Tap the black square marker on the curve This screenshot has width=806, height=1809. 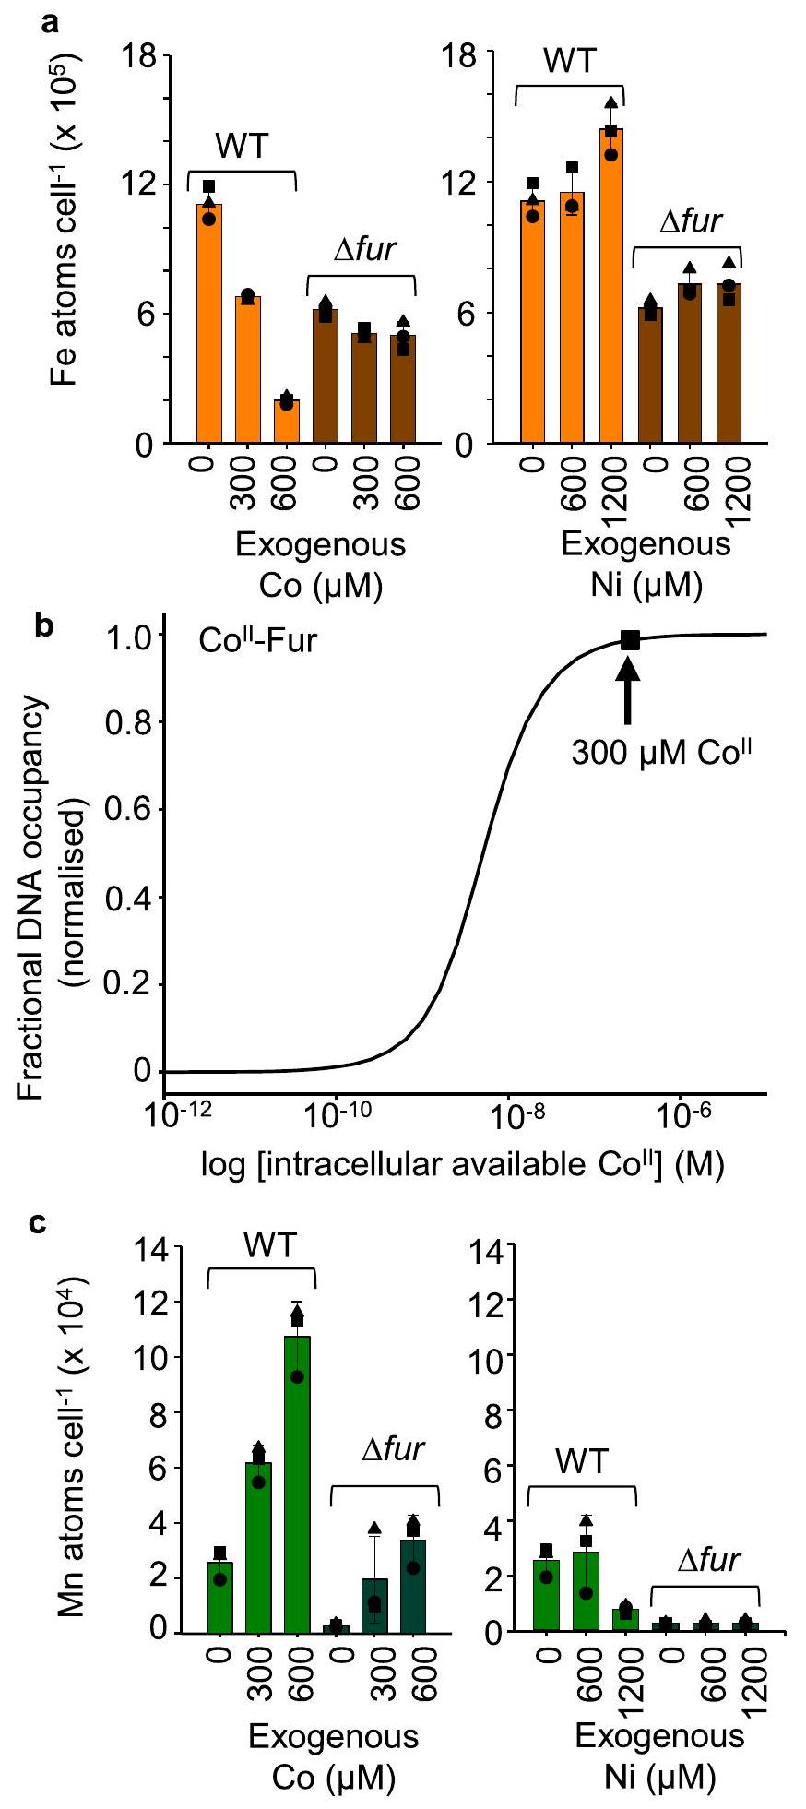[629, 640]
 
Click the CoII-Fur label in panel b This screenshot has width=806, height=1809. [257, 640]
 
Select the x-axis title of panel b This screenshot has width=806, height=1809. [462, 1165]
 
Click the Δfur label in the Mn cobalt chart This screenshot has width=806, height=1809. [391, 1449]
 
